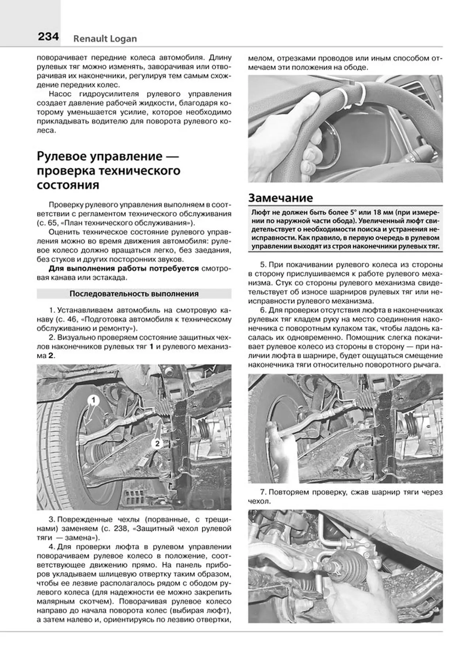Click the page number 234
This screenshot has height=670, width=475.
pyautogui.click(x=48, y=37)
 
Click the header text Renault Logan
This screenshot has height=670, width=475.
pyautogui.click(x=105, y=39)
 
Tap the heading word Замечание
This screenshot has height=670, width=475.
pyautogui.click(x=281, y=198)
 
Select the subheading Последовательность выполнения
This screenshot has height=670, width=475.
pyautogui.click(x=134, y=294)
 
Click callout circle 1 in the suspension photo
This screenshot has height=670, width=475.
pyautogui.click(x=93, y=400)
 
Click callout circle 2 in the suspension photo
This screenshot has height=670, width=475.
pyautogui.click(x=157, y=444)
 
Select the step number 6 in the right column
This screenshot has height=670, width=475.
pyautogui.click(x=262, y=310)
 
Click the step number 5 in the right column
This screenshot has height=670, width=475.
pyautogui.click(x=262, y=264)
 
